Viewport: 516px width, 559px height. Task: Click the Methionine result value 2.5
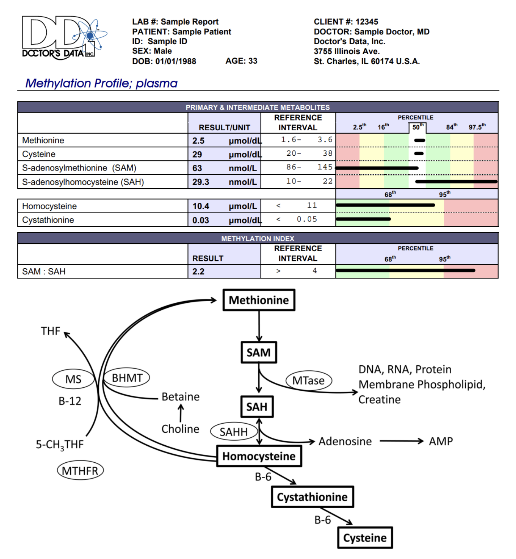click(198, 141)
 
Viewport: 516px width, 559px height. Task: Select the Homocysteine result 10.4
click(201, 206)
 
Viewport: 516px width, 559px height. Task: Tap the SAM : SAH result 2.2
click(198, 272)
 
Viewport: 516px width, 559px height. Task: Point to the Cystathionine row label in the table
click(48, 220)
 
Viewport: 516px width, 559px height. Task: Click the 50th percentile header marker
click(418, 127)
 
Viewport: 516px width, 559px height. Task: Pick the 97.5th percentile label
click(477, 127)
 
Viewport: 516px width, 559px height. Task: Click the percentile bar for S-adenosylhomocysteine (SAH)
click(456, 182)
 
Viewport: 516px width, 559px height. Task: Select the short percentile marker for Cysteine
click(419, 154)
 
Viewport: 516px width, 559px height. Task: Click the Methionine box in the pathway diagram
click(259, 300)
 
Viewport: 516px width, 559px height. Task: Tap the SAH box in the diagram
click(257, 407)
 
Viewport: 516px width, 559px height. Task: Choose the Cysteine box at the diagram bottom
click(365, 538)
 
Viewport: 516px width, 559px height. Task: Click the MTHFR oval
click(80, 471)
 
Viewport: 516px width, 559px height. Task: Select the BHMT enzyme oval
click(127, 378)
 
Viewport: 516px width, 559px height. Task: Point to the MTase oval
click(308, 381)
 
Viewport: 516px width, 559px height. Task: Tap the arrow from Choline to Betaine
click(181, 413)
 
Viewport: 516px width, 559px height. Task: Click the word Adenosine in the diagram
click(345, 441)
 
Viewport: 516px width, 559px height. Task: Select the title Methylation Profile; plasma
click(101, 83)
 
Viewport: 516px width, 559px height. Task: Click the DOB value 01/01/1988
click(175, 61)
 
